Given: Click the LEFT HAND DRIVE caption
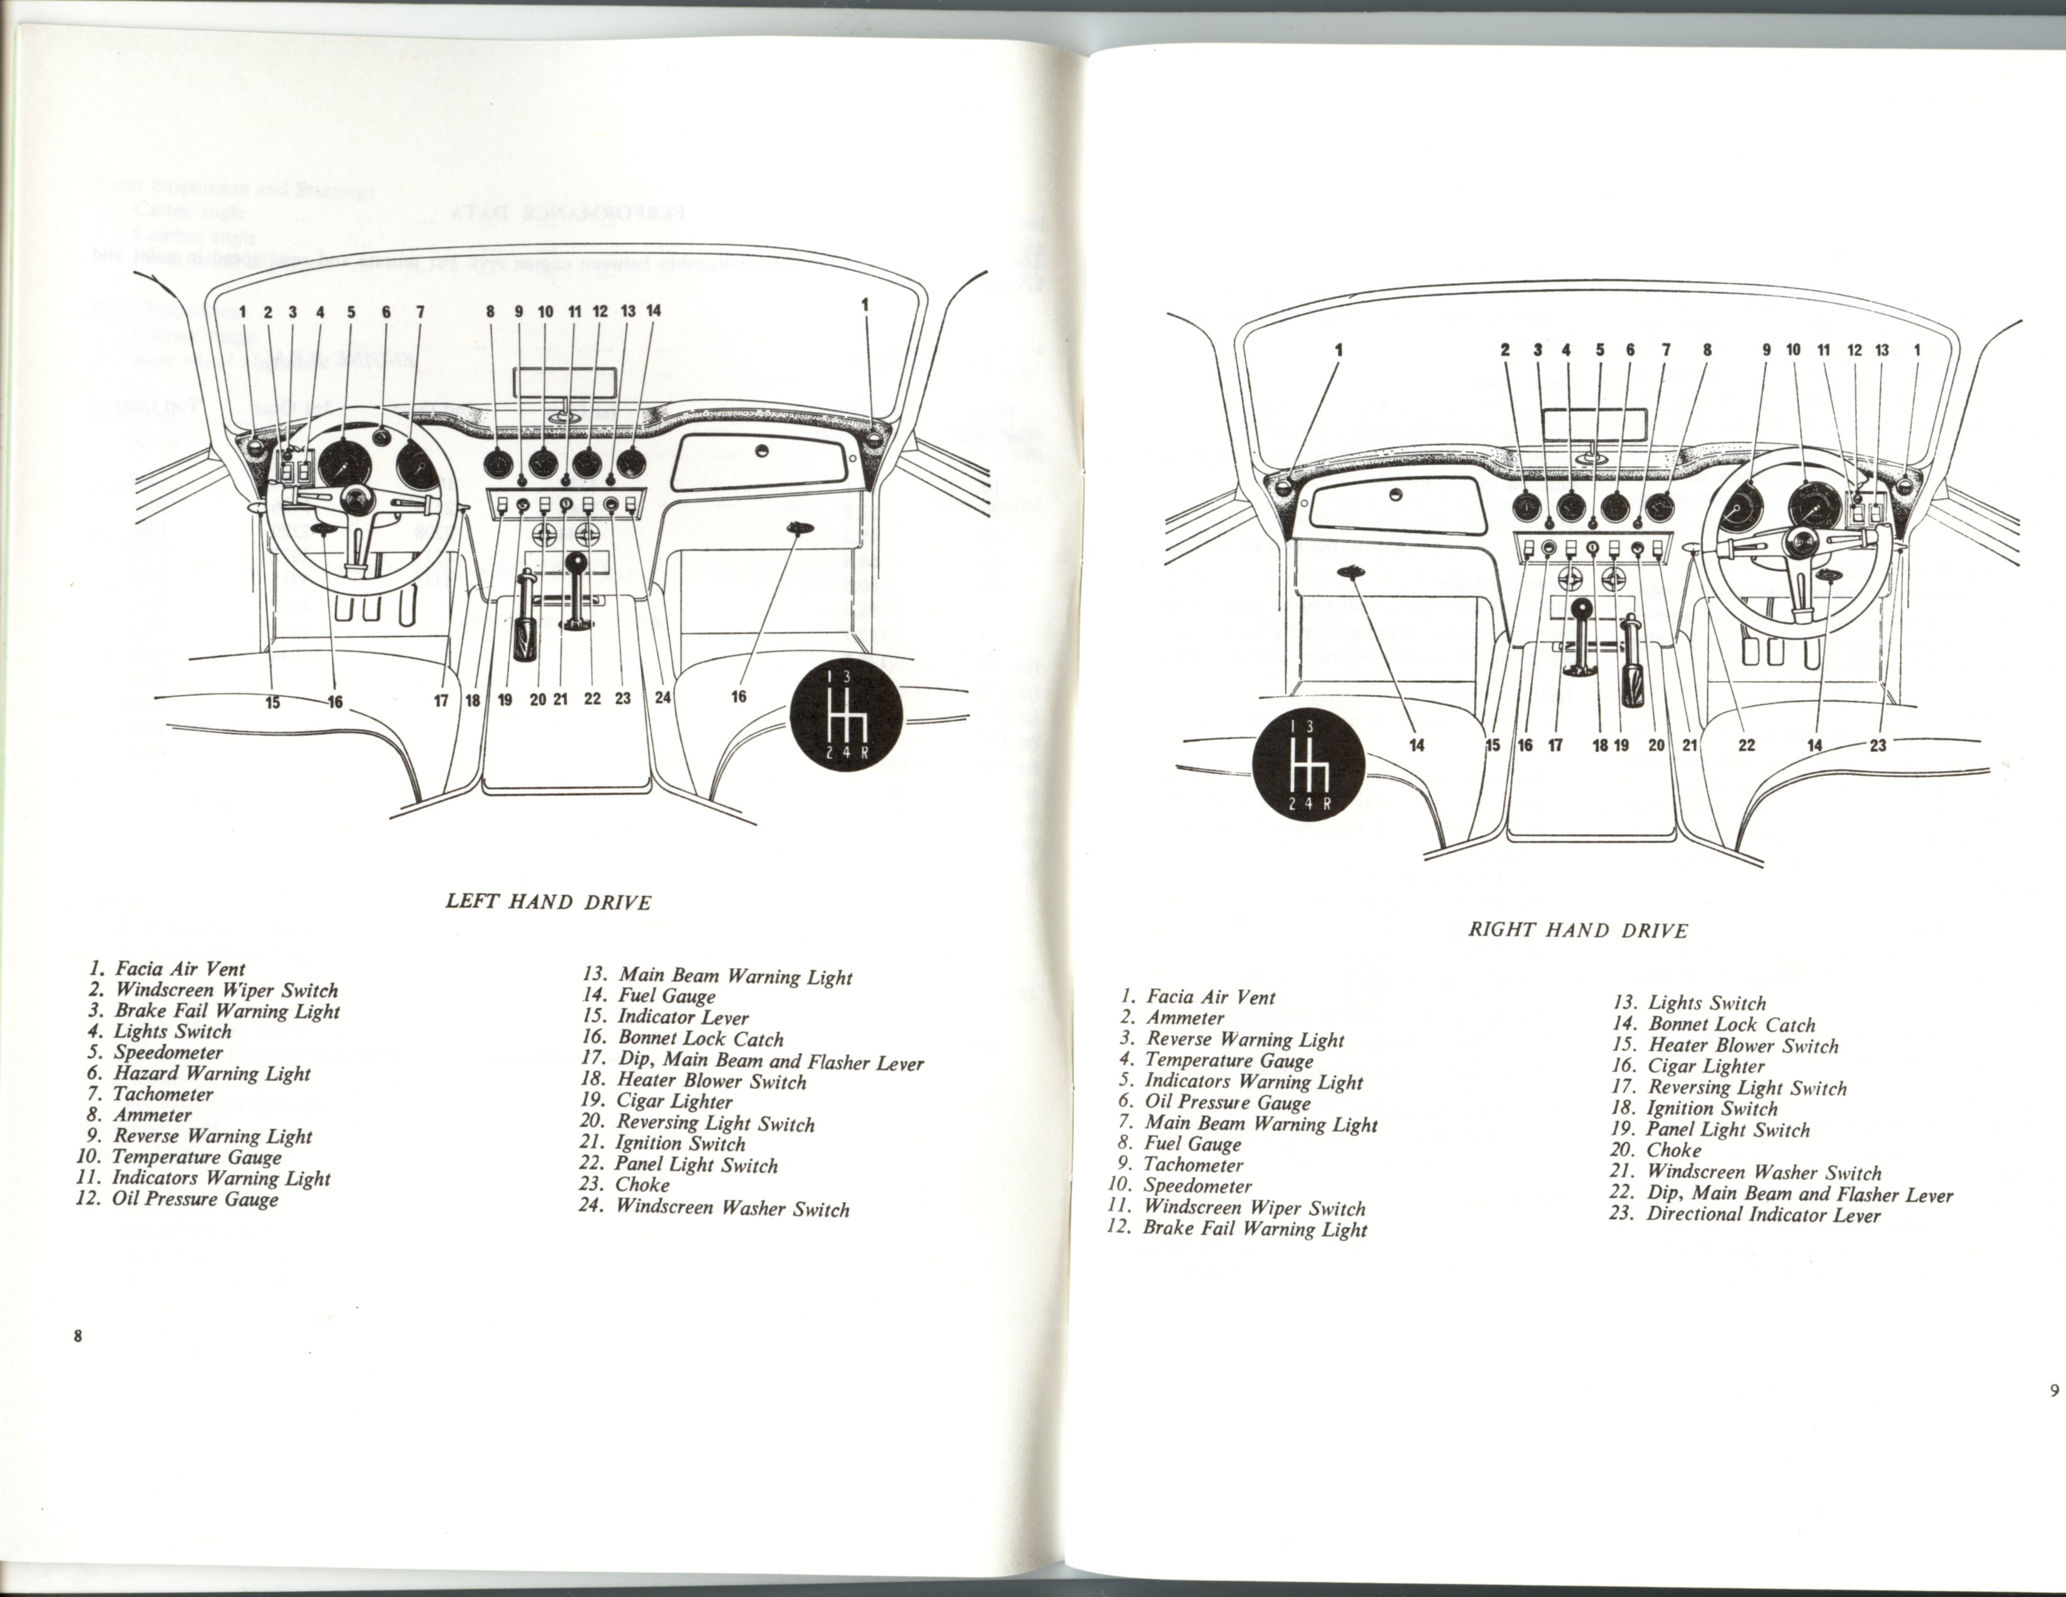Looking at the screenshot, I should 548,901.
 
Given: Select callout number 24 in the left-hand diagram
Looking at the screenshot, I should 662,698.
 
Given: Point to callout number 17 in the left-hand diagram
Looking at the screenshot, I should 441,701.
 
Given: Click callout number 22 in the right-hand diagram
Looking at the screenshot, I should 1746,745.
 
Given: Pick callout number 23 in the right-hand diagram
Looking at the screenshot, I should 1878,745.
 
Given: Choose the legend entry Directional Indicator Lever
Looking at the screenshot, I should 1745,1215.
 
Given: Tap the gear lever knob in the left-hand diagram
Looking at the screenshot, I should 574,564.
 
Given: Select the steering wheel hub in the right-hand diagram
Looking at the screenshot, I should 1798,541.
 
